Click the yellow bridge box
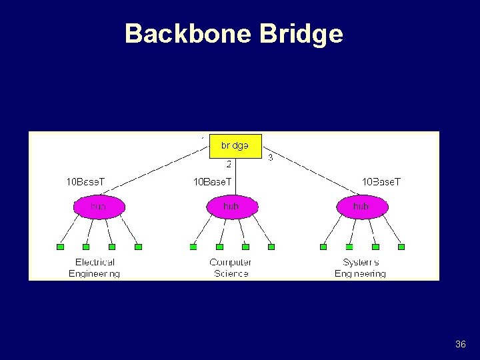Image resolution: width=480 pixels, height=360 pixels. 235,146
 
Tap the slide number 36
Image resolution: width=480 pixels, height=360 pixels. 460,344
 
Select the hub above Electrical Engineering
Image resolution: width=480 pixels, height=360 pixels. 99,207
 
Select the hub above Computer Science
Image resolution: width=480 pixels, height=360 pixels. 231,207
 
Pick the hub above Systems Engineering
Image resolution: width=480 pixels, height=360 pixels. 361,207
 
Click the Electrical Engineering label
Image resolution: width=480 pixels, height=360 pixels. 95,268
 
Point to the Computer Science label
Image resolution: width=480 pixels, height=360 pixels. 231,268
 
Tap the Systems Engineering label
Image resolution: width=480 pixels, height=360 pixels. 360,268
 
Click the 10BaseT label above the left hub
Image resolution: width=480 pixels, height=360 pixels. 85,181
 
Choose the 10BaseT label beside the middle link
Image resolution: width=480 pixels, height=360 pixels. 213,181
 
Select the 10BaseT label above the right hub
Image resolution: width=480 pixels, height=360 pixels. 381,181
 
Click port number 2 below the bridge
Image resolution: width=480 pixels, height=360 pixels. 229,164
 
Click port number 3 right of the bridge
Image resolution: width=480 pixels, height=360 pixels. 270,158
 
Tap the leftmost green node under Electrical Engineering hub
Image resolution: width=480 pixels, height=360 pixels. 61,247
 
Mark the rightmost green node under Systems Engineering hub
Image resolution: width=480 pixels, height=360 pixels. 401,247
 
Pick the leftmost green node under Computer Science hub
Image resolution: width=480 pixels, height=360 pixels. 193,247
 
